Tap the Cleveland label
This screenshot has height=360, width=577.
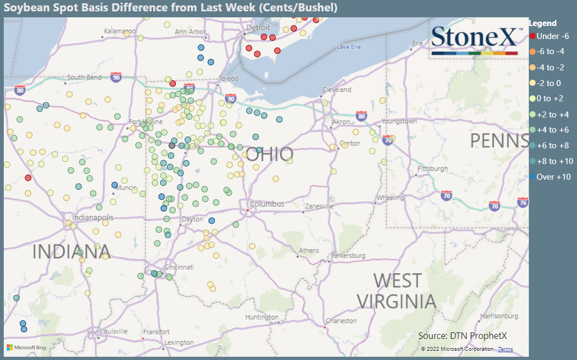[337, 89]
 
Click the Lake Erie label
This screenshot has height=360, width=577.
[349, 47]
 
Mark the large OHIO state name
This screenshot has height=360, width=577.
[270, 155]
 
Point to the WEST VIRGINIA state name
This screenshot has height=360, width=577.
[397, 291]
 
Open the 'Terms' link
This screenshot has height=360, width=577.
[506, 349]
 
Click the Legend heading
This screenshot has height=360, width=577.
[542, 23]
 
